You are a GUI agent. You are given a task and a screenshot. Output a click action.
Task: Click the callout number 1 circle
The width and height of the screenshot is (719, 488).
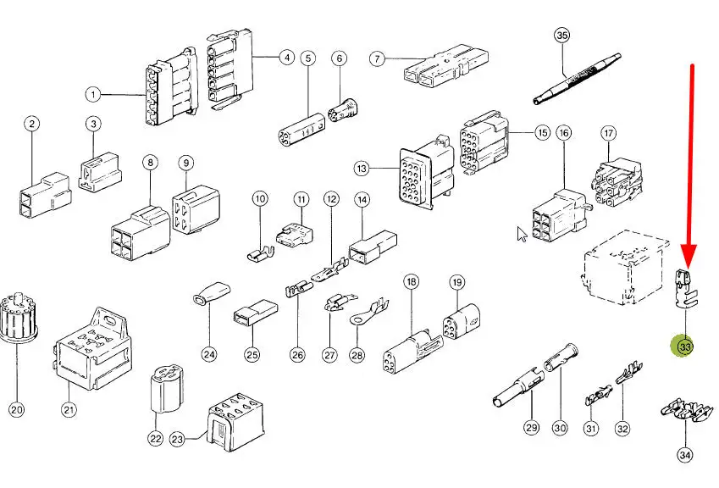click(93, 93)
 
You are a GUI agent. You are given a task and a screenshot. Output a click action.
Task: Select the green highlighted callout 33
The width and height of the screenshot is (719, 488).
click(683, 347)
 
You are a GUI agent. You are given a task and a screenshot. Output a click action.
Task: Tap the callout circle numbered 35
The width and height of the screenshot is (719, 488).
click(562, 36)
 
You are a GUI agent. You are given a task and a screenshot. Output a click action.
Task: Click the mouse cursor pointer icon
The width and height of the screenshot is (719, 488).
click(523, 234)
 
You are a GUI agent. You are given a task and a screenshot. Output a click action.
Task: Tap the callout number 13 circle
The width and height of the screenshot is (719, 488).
click(362, 169)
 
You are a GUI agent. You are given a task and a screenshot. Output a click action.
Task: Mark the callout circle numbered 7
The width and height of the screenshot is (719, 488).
click(378, 58)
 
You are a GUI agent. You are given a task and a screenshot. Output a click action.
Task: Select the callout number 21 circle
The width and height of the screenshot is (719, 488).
click(69, 410)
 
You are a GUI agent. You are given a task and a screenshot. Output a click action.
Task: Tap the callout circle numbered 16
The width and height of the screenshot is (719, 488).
click(564, 133)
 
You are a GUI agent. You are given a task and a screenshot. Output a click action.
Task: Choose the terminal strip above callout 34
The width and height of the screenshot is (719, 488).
click(682, 413)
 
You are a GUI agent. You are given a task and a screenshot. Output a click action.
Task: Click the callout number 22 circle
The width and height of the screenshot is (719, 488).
click(154, 439)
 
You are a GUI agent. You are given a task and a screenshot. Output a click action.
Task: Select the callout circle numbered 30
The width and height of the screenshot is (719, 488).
click(559, 429)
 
